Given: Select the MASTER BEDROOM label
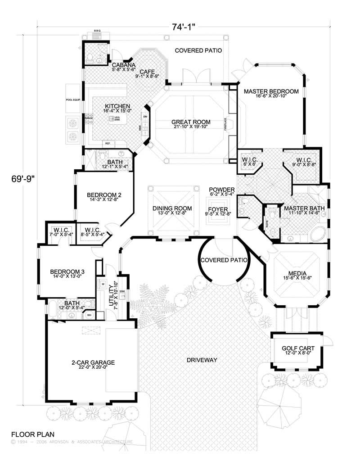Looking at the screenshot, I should [x=271, y=91].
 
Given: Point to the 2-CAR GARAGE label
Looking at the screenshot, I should [x=93, y=362].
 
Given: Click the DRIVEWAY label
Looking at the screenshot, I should [x=202, y=360].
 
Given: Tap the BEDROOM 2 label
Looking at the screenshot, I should [x=104, y=195].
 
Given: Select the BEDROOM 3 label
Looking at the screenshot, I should [x=67, y=271].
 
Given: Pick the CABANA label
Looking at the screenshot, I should [x=121, y=65].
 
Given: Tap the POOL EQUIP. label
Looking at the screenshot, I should [x=73, y=100].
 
